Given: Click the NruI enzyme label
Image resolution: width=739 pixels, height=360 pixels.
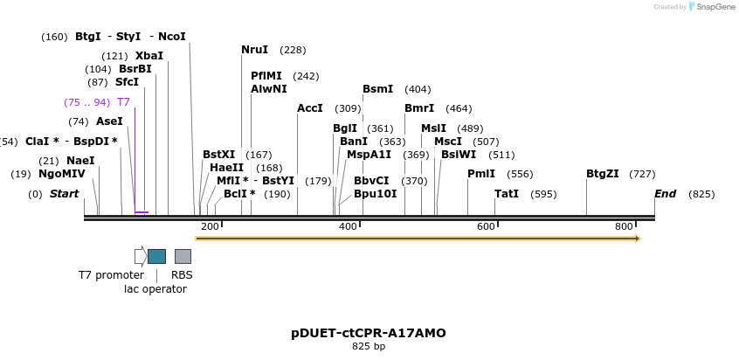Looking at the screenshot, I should click(254, 50).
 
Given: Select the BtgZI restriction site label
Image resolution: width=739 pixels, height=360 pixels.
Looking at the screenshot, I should click(603, 174).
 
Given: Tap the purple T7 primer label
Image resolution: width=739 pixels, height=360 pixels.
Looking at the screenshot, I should click(123, 102).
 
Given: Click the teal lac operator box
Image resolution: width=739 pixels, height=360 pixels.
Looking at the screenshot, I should click(156, 256).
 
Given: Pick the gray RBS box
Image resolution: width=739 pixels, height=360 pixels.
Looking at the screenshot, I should click(183, 256).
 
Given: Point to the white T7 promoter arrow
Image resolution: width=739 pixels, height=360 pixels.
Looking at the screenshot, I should click(140, 256).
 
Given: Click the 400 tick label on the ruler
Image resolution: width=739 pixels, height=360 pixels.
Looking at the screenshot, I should click(348, 227).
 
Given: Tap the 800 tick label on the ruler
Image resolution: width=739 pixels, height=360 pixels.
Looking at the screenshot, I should click(624, 227).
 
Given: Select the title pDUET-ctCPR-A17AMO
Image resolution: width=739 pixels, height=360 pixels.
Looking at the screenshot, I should click(369, 334).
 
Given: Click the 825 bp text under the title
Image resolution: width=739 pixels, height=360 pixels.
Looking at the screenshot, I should click(369, 347).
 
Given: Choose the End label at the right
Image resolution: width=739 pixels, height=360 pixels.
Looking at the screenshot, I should click(665, 194).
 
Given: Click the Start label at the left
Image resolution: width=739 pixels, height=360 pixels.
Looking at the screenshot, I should click(64, 194).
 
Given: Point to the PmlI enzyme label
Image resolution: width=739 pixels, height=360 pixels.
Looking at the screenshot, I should click(481, 174).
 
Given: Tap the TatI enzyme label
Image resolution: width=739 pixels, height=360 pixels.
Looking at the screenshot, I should click(507, 194).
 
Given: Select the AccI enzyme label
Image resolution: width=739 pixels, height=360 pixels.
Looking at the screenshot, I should click(310, 108).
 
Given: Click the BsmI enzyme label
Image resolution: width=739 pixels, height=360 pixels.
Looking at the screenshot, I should click(377, 89).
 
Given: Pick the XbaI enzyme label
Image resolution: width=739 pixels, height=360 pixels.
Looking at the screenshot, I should click(148, 56).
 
